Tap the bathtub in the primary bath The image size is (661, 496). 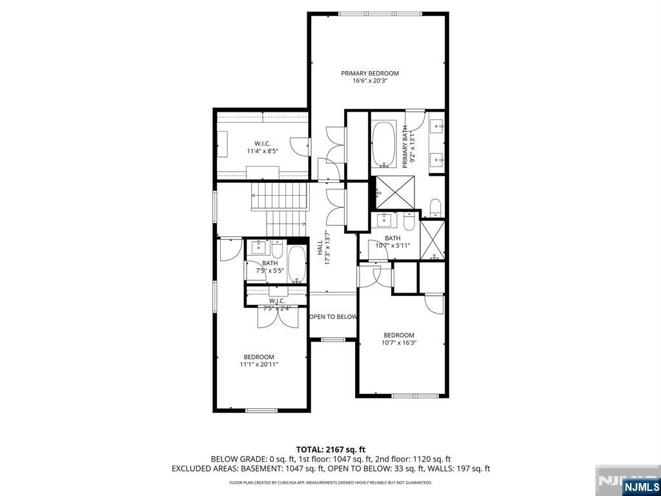384,143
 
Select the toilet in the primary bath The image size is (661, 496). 435,207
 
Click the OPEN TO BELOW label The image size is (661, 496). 333,316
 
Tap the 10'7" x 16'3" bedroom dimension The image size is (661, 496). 398,343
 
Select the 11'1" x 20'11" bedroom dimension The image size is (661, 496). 259,365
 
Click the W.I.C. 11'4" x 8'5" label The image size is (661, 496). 261,147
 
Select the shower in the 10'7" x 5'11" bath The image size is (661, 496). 432,240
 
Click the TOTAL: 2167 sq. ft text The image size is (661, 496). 330,449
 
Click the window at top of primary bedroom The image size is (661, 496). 381,14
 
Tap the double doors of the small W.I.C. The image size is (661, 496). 277,316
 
